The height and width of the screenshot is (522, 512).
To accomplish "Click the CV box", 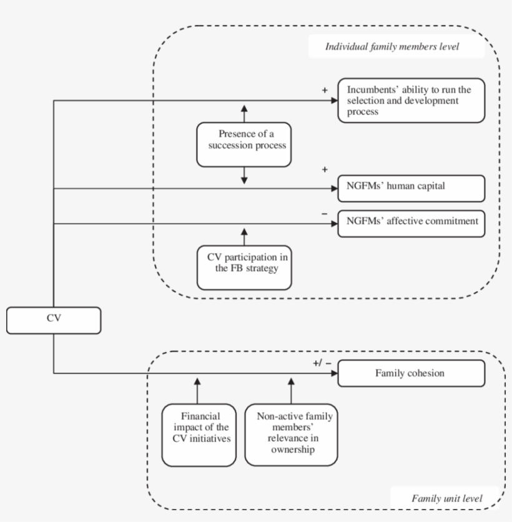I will pos(53,320).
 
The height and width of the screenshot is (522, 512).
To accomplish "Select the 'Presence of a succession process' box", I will pos(244,145).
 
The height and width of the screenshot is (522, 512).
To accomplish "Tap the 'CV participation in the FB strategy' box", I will pos(244,267).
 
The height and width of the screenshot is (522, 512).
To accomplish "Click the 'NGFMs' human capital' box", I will pos(411,187).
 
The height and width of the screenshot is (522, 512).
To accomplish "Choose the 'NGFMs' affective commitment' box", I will pos(411,224).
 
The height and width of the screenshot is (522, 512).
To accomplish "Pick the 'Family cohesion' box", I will pos(411,374).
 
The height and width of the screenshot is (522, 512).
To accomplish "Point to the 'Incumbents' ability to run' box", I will pos(411,100).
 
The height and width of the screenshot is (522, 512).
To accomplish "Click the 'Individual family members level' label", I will pos(396,47).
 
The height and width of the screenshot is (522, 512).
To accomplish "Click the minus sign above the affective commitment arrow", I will pos(324,214).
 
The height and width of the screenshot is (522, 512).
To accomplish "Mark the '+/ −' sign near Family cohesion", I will pos(323,363).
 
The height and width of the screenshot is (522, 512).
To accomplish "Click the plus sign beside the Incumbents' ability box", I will pos(324,90).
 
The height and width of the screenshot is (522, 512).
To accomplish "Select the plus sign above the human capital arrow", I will pos(324,169).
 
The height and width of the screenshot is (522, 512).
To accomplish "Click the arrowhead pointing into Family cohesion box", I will pos(334,374).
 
